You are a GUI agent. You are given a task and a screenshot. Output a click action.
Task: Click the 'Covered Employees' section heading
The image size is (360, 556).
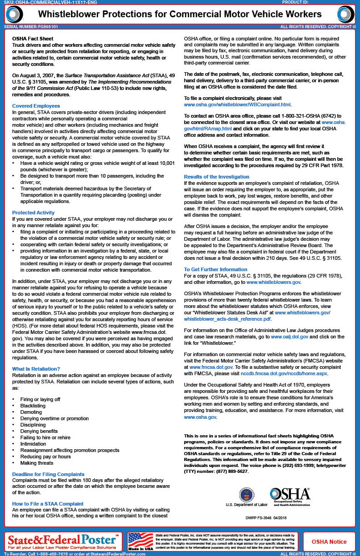point(36,106)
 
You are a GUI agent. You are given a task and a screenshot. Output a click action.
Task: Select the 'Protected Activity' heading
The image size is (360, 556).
point(33,213)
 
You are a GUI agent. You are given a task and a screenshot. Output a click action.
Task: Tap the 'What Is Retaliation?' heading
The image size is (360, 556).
point(36,369)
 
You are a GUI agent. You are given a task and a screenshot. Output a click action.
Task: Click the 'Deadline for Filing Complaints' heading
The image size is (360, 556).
point(48,474)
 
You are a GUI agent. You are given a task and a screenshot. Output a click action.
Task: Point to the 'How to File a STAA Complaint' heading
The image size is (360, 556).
point(48,504)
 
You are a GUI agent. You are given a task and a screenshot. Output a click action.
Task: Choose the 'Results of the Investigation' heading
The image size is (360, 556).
point(216,177)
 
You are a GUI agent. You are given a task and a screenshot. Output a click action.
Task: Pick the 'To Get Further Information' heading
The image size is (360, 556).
point(215,269)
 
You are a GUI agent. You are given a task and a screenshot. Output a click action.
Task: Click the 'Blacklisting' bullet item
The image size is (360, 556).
point(33,406)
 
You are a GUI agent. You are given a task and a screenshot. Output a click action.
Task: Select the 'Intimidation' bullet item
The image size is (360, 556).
point(33,444)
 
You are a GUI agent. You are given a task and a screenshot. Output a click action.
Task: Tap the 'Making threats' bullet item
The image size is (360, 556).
point(37,463)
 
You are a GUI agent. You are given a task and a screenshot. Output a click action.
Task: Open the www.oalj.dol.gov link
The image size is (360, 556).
point(290,337)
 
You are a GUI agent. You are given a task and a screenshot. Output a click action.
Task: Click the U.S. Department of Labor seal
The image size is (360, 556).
point(247,495)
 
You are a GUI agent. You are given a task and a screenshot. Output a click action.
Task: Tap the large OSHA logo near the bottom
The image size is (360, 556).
point(290,495)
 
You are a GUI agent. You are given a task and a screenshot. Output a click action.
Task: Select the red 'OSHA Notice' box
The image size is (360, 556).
point(329,541)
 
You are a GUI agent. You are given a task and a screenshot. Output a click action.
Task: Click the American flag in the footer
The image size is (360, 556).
point(141,541)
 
